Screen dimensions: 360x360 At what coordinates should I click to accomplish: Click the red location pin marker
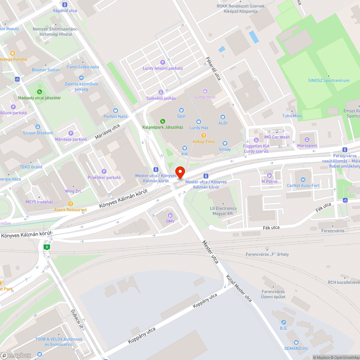[180, 172]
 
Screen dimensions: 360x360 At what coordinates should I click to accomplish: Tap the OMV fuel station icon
[169, 215]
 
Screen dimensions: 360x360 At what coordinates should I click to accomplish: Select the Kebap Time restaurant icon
[204, 135]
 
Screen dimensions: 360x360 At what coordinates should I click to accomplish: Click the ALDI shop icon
[223, 117]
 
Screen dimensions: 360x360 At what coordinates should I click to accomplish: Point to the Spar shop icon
[181, 110]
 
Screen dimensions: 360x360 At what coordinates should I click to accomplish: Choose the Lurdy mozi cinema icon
[205, 91]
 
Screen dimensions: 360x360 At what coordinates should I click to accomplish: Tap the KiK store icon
[185, 148]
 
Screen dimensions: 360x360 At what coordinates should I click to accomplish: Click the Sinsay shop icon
[225, 143]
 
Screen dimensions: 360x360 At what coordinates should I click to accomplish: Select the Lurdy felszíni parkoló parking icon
[163, 62]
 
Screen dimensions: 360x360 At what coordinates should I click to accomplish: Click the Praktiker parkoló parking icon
[104, 171]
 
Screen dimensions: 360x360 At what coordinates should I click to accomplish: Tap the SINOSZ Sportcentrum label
[328, 81]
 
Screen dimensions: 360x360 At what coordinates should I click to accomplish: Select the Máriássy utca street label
[107, 132]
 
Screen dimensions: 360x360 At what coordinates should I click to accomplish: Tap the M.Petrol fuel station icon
[269, 175]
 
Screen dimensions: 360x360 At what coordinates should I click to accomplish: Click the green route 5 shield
[46, 247]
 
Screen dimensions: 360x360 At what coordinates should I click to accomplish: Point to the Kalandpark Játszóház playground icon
[163, 121]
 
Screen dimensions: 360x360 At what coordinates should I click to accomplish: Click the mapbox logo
[16, 355]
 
